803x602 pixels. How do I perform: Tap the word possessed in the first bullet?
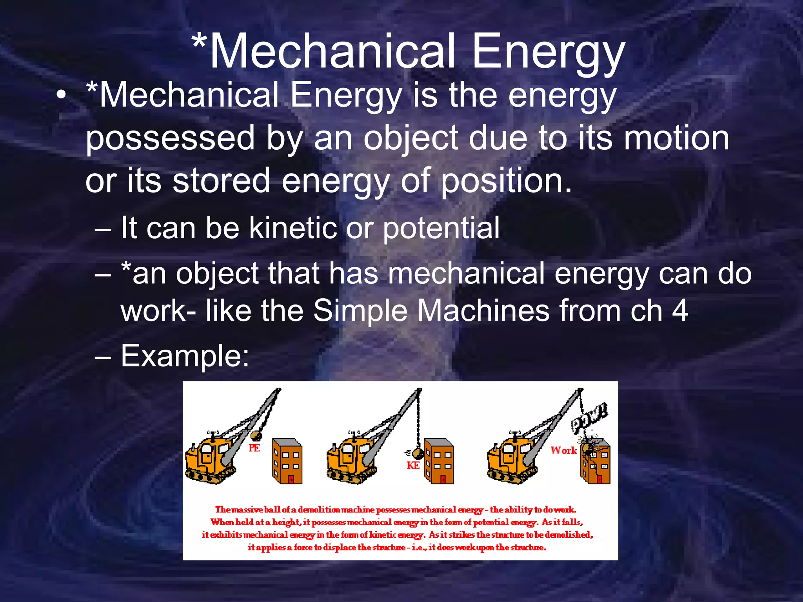click(170, 138)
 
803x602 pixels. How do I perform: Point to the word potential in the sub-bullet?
click(441, 228)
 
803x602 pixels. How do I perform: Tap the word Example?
click(184, 356)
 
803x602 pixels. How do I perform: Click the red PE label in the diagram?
click(254, 448)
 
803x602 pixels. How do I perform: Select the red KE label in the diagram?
click(413, 466)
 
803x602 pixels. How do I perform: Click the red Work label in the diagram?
click(563, 451)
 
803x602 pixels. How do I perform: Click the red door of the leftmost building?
click(291, 479)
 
